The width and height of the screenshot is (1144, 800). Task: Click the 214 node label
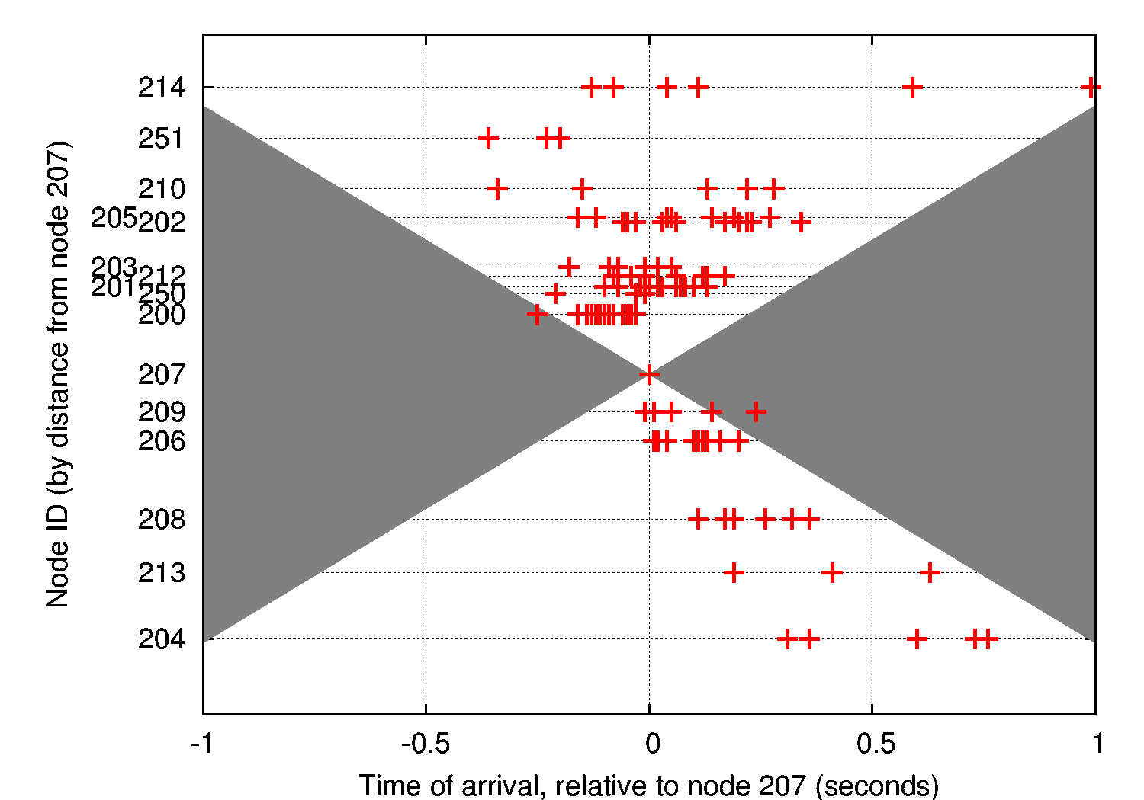click(x=161, y=88)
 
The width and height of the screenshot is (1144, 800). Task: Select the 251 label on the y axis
click(x=161, y=139)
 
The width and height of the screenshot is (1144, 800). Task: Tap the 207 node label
click(x=161, y=374)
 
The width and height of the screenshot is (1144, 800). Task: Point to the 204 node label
click(x=161, y=638)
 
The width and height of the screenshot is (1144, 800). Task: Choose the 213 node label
click(x=161, y=572)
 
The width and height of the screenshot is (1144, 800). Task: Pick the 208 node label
click(x=161, y=520)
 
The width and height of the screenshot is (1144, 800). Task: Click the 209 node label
click(x=161, y=412)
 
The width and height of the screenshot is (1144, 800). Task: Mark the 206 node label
click(x=161, y=441)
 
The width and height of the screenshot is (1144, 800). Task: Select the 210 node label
click(x=161, y=188)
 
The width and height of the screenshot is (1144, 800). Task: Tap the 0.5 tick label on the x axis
click(x=876, y=744)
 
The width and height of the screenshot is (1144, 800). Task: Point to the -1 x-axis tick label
click(x=201, y=744)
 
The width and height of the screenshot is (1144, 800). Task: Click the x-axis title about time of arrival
click(x=648, y=785)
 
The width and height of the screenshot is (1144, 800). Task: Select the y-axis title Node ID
click(x=58, y=373)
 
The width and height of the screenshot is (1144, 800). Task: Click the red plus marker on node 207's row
click(x=649, y=374)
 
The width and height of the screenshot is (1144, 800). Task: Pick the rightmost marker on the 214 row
click(x=1091, y=88)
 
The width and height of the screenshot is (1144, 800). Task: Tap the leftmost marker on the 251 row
click(x=488, y=139)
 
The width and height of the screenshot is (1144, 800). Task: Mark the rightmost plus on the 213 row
click(x=929, y=572)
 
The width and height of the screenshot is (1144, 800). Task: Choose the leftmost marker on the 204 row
click(x=787, y=638)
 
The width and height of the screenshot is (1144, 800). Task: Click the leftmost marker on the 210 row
click(x=497, y=188)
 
